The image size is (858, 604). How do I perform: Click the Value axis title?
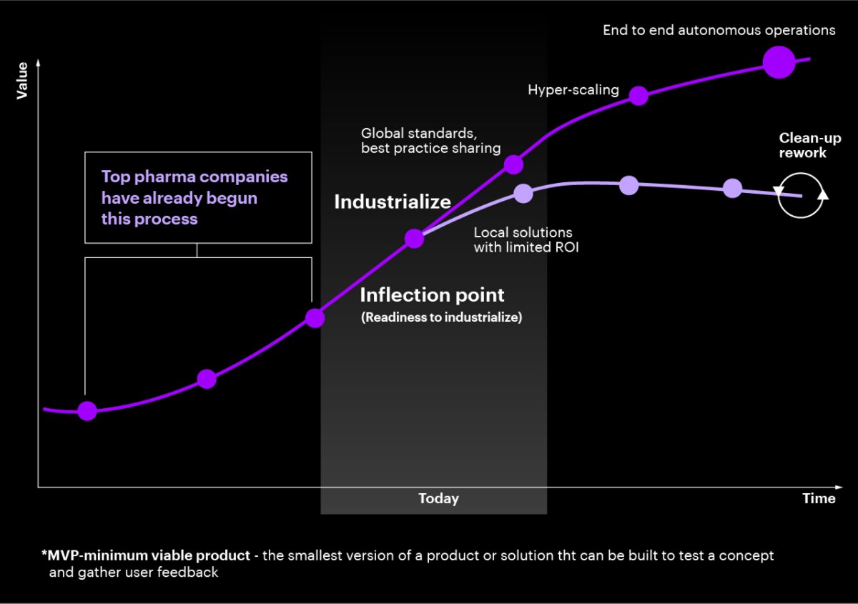pos(22,80)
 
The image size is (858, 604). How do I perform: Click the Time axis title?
pos(819,499)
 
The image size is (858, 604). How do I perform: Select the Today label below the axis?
pos(438,499)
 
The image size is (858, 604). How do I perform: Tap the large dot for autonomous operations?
pos(779,61)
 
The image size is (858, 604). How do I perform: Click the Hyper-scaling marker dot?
pos(638,96)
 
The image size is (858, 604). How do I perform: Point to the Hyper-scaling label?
pos(573,90)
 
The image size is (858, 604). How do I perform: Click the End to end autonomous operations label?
pos(719,30)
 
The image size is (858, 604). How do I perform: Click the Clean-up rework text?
pos(809,145)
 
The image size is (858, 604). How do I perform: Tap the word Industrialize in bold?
pos(393,202)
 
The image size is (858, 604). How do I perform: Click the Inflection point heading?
pos(432,294)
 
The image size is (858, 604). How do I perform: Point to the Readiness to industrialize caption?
pos(441,317)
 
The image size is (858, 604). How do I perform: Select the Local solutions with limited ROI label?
pos(526,240)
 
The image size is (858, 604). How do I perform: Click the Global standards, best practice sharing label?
pos(430,140)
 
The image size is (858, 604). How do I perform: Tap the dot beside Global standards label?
pos(513,164)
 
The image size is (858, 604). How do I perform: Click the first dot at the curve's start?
pos(87,410)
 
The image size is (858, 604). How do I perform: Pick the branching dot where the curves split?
pos(414,239)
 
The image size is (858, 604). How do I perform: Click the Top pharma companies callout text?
pos(194,197)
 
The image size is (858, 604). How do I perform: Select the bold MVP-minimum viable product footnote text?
pos(146,555)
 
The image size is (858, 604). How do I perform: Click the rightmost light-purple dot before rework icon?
pos(733,188)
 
